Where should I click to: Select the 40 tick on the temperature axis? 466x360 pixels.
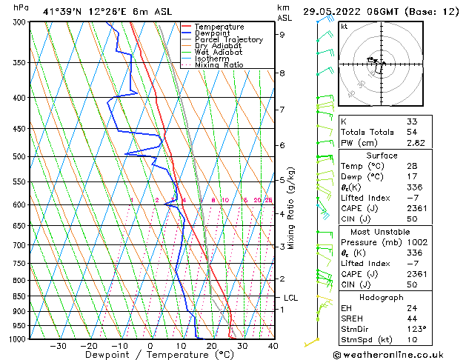pyautogui.click(x=273, y=346)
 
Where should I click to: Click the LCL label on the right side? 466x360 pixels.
pyautogui.click(x=290, y=298)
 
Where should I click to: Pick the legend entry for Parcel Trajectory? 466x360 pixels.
pyautogui.click(x=228, y=40)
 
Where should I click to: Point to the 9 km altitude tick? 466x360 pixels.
pyautogui.click(x=282, y=34)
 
